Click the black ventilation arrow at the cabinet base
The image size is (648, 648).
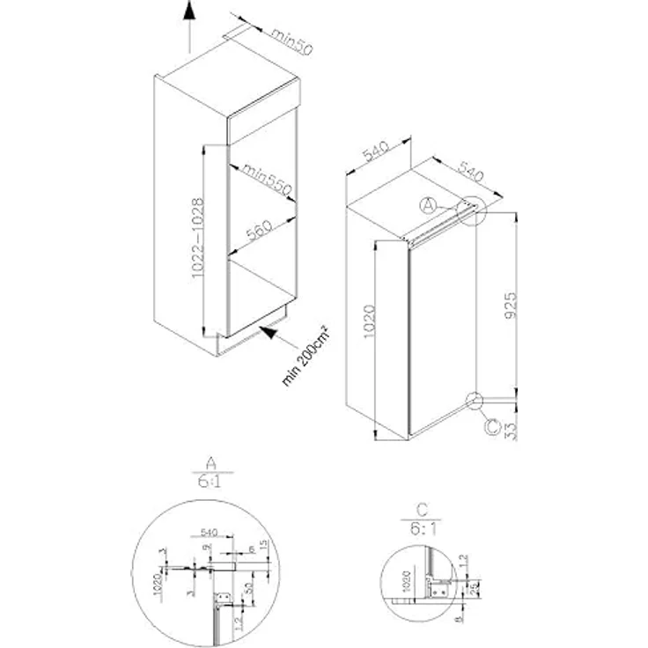pos(268,333)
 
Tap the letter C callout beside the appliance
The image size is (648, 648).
pos(492,428)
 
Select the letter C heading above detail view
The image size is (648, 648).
pos(423,510)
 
